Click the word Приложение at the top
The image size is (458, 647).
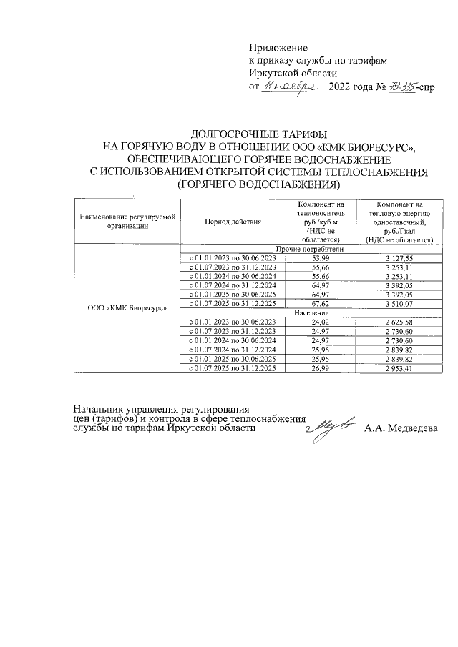pyautogui.click(x=278, y=47)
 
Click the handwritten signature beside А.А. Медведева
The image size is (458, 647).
pyautogui.click(x=329, y=427)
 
